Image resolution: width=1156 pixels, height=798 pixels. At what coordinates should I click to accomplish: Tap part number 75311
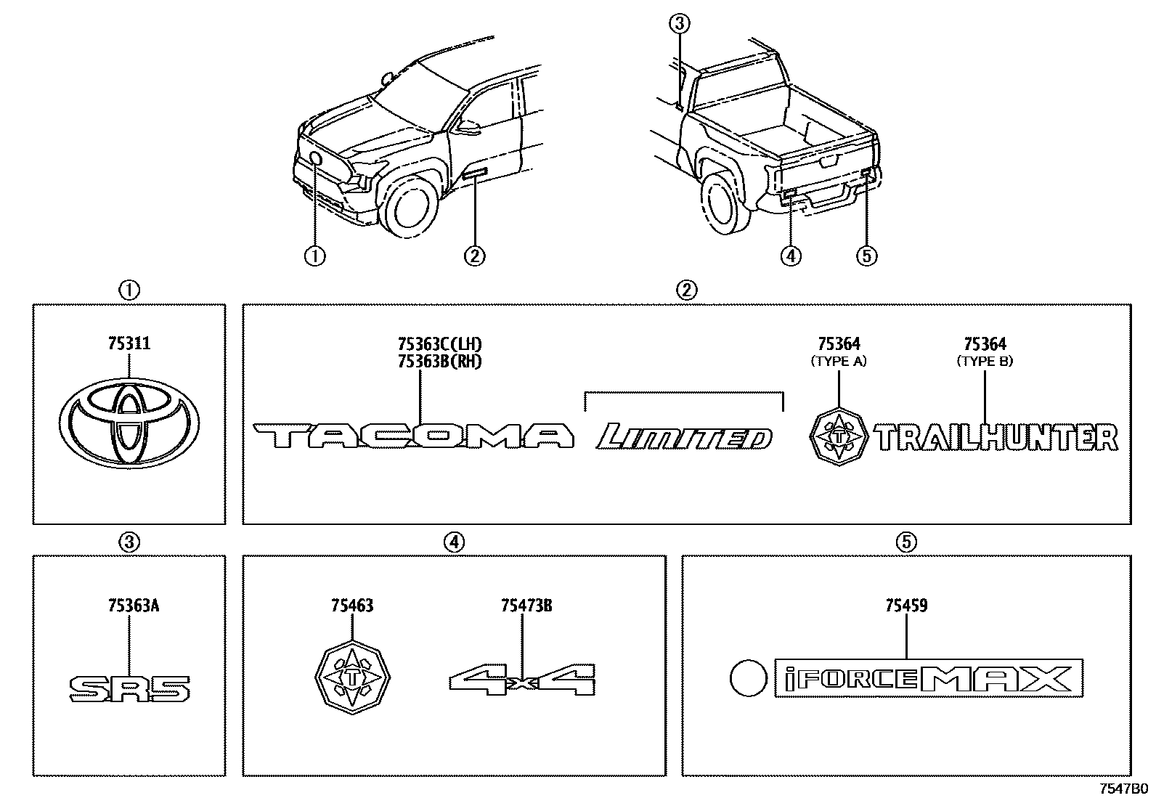click(129, 344)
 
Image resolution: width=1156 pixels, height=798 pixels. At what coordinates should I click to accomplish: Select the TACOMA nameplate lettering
click(414, 436)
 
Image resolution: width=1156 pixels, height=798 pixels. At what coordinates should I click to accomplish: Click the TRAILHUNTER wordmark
click(996, 439)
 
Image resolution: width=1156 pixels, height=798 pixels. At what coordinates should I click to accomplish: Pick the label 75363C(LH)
click(440, 344)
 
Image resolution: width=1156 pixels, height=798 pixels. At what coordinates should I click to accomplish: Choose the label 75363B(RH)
click(440, 361)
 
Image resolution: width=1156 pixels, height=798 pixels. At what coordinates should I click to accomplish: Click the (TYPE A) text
click(839, 361)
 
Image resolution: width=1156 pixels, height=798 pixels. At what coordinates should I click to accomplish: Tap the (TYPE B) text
click(985, 361)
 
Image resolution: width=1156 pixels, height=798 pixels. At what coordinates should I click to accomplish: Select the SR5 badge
click(129, 688)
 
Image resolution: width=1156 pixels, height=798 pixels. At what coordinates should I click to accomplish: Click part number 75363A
click(129, 605)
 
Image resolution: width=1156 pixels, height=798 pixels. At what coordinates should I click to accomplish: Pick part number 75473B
click(526, 605)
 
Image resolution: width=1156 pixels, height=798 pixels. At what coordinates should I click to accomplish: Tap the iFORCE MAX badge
click(929, 678)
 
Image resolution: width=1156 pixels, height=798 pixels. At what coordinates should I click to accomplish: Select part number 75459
click(906, 605)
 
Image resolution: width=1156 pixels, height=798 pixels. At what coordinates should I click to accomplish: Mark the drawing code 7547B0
click(1123, 789)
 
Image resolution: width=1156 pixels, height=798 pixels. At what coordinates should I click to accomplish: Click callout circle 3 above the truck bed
click(678, 25)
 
